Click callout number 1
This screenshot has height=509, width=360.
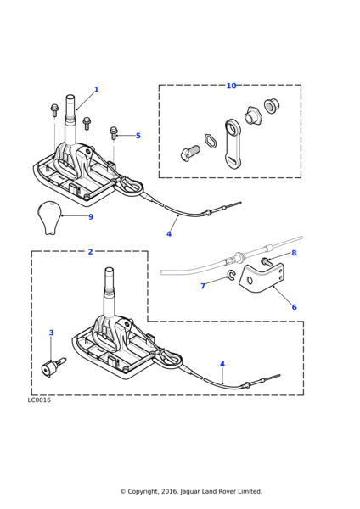pyautogui.click(x=96, y=89)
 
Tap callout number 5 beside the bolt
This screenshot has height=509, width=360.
pyautogui.click(x=138, y=136)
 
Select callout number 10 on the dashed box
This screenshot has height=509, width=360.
pyautogui.click(x=231, y=86)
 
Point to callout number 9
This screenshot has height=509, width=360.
pyautogui.click(x=91, y=217)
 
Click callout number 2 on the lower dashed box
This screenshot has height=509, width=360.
pyautogui.click(x=90, y=252)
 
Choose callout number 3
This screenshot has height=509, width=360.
pyautogui.click(x=51, y=333)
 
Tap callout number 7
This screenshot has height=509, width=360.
pyautogui.click(x=203, y=286)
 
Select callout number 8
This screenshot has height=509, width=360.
pyautogui.click(x=294, y=253)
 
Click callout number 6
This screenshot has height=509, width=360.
pyautogui.click(x=294, y=307)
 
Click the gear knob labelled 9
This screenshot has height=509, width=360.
pyautogui.click(x=49, y=217)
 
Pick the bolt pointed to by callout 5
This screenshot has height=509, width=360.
pyautogui.click(x=114, y=133)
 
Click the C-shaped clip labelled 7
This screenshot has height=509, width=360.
pyautogui.click(x=231, y=275)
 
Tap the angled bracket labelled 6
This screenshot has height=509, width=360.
pyautogui.click(x=262, y=278)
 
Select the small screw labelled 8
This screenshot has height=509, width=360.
pyautogui.click(x=267, y=261)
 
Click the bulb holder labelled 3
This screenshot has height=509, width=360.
pyautogui.click(x=53, y=366)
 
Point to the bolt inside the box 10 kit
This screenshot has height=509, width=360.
pyautogui.click(x=190, y=153)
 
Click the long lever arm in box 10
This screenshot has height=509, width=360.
pyautogui.click(x=233, y=144)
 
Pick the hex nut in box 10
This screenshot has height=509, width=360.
pyautogui.click(x=252, y=115)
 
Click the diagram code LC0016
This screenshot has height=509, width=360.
pyautogui.click(x=39, y=400)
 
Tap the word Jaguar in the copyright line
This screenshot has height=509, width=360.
pyautogui.click(x=190, y=492)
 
